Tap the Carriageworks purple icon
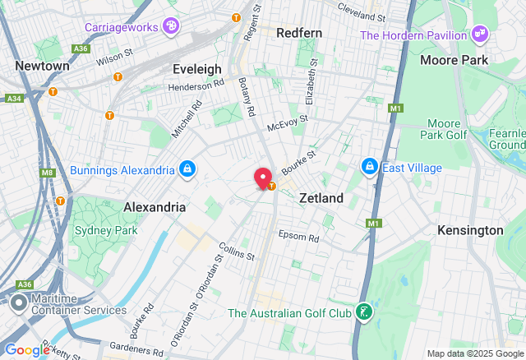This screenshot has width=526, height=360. [x=171, y=26]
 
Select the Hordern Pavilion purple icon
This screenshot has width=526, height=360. [x=481, y=35]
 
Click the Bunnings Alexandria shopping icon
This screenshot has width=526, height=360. [x=188, y=169]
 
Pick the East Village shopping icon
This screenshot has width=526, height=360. [x=370, y=168]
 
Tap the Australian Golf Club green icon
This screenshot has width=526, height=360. [x=362, y=312]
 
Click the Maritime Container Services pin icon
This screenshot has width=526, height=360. [x=18, y=303]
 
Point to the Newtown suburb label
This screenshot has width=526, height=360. [x=42, y=66]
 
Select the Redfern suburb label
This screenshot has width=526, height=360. [x=299, y=33]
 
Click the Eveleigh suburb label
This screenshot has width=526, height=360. [x=196, y=69]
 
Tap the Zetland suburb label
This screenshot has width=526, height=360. [x=321, y=198]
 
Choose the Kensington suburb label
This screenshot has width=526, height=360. [x=470, y=230]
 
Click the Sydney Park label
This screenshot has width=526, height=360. [x=104, y=230]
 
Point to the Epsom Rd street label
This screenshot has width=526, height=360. [x=298, y=237]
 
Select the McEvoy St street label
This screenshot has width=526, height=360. [x=288, y=121]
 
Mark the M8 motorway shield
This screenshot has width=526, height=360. [x=46, y=172]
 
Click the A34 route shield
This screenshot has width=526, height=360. [x=13, y=99]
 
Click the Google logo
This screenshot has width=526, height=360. [x=26, y=350]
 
